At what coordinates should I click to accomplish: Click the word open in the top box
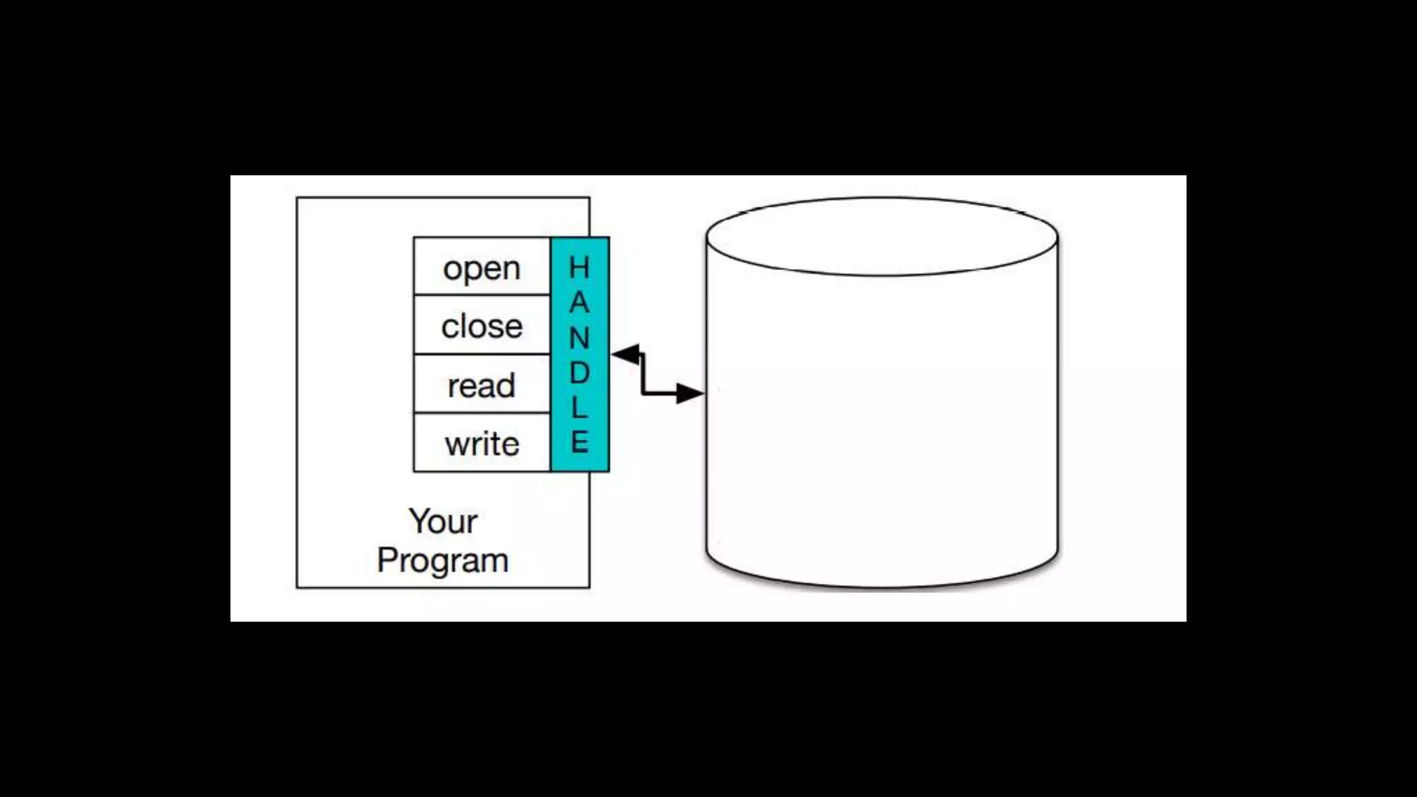[x=482, y=268]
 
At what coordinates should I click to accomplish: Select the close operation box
[x=482, y=326]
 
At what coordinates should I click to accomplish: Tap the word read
[x=482, y=385]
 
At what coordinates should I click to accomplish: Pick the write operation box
[x=482, y=443]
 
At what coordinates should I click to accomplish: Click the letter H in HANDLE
[x=579, y=268]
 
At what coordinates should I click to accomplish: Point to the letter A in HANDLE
[x=579, y=302]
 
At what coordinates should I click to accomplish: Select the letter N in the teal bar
[x=579, y=338]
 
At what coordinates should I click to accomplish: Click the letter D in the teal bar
[x=579, y=373]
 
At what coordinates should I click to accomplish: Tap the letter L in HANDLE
[x=579, y=407]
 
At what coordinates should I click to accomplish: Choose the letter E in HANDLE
[x=579, y=442]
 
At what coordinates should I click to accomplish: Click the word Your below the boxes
[x=443, y=522]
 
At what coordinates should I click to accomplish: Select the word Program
[x=443, y=560]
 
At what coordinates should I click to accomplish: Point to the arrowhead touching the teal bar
[x=625, y=355]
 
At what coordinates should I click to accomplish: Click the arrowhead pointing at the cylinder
[x=689, y=393]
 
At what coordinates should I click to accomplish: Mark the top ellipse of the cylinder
[x=882, y=237]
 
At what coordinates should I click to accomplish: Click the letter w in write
[x=456, y=444]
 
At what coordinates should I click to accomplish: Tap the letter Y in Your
[x=418, y=520]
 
